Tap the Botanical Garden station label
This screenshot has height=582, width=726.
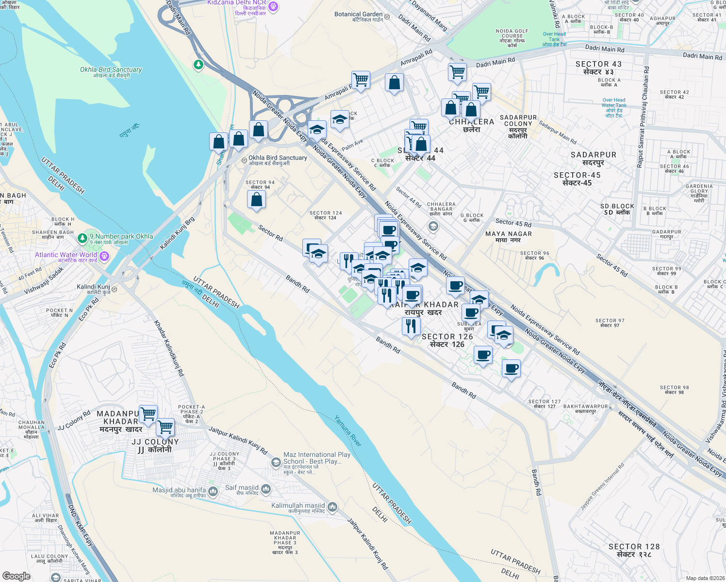coord(358,15)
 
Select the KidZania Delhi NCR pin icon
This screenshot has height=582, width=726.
coord(273,6)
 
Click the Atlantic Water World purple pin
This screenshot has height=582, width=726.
coord(104,256)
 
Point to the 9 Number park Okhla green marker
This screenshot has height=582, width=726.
coord(83,238)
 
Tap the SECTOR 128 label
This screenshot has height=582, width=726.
coord(634,547)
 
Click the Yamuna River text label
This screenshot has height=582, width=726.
coord(348,431)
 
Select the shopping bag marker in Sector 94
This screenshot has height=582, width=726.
coord(256,200)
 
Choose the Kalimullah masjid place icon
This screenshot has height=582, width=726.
coord(332,507)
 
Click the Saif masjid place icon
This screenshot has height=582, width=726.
coord(266,489)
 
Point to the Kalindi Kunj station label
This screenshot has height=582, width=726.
coord(93,287)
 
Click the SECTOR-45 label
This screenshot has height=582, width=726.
coord(577,175)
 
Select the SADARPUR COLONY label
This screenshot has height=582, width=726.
coord(518,121)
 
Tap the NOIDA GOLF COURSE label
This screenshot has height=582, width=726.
coord(512,34)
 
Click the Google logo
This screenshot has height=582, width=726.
coord(16,576)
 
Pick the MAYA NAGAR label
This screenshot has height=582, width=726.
coord(509,234)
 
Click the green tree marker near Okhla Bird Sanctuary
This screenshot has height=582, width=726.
coord(198,65)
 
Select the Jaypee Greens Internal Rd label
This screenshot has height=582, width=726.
coord(602,487)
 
